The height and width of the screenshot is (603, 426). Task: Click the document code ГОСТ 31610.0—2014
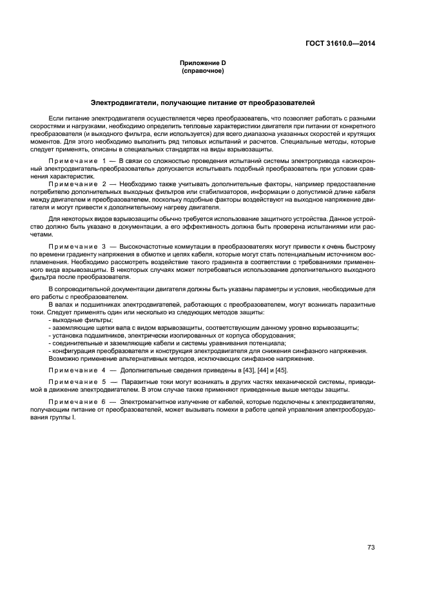coord(341,43)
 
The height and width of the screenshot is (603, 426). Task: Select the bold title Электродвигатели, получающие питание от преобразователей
coord(202,102)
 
